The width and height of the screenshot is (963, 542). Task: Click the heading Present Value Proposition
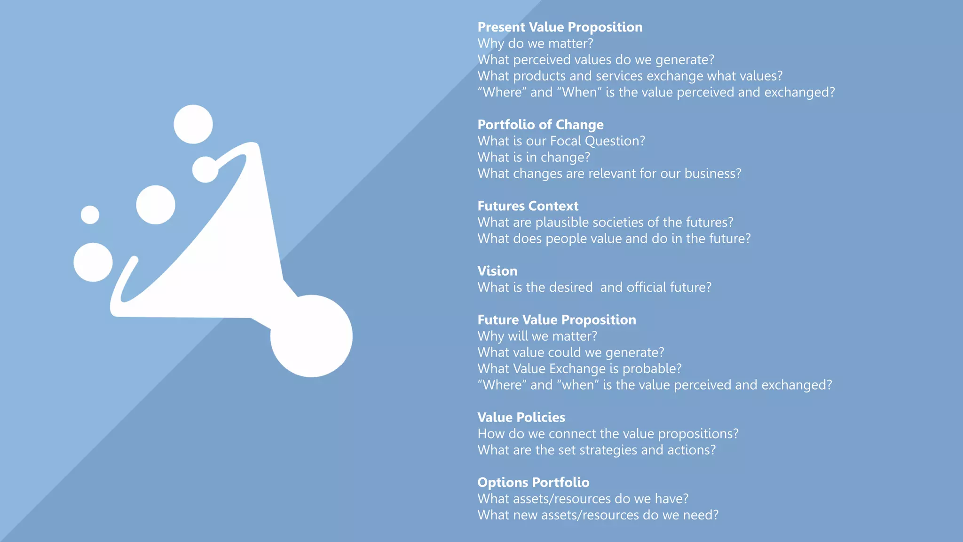(560, 27)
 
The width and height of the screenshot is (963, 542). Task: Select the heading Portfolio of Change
(540, 125)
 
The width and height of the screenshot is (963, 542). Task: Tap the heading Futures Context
(528, 206)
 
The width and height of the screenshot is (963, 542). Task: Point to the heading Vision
(497, 271)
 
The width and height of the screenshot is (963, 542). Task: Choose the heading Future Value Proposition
(556, 320)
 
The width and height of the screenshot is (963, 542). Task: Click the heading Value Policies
(521, 417)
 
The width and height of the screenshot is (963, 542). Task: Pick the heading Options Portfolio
(533, 482)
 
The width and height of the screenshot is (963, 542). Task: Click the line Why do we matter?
(535, 44)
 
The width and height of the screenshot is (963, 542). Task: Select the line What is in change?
(533, 158)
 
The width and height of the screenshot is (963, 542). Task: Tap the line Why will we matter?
(537, 336)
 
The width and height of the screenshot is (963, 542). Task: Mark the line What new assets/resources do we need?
(598, 515)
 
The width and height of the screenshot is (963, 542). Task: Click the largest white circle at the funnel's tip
(311, 336)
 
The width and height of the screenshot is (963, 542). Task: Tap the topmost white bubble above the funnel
(193, 124)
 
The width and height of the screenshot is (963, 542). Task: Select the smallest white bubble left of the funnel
(90, 215)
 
